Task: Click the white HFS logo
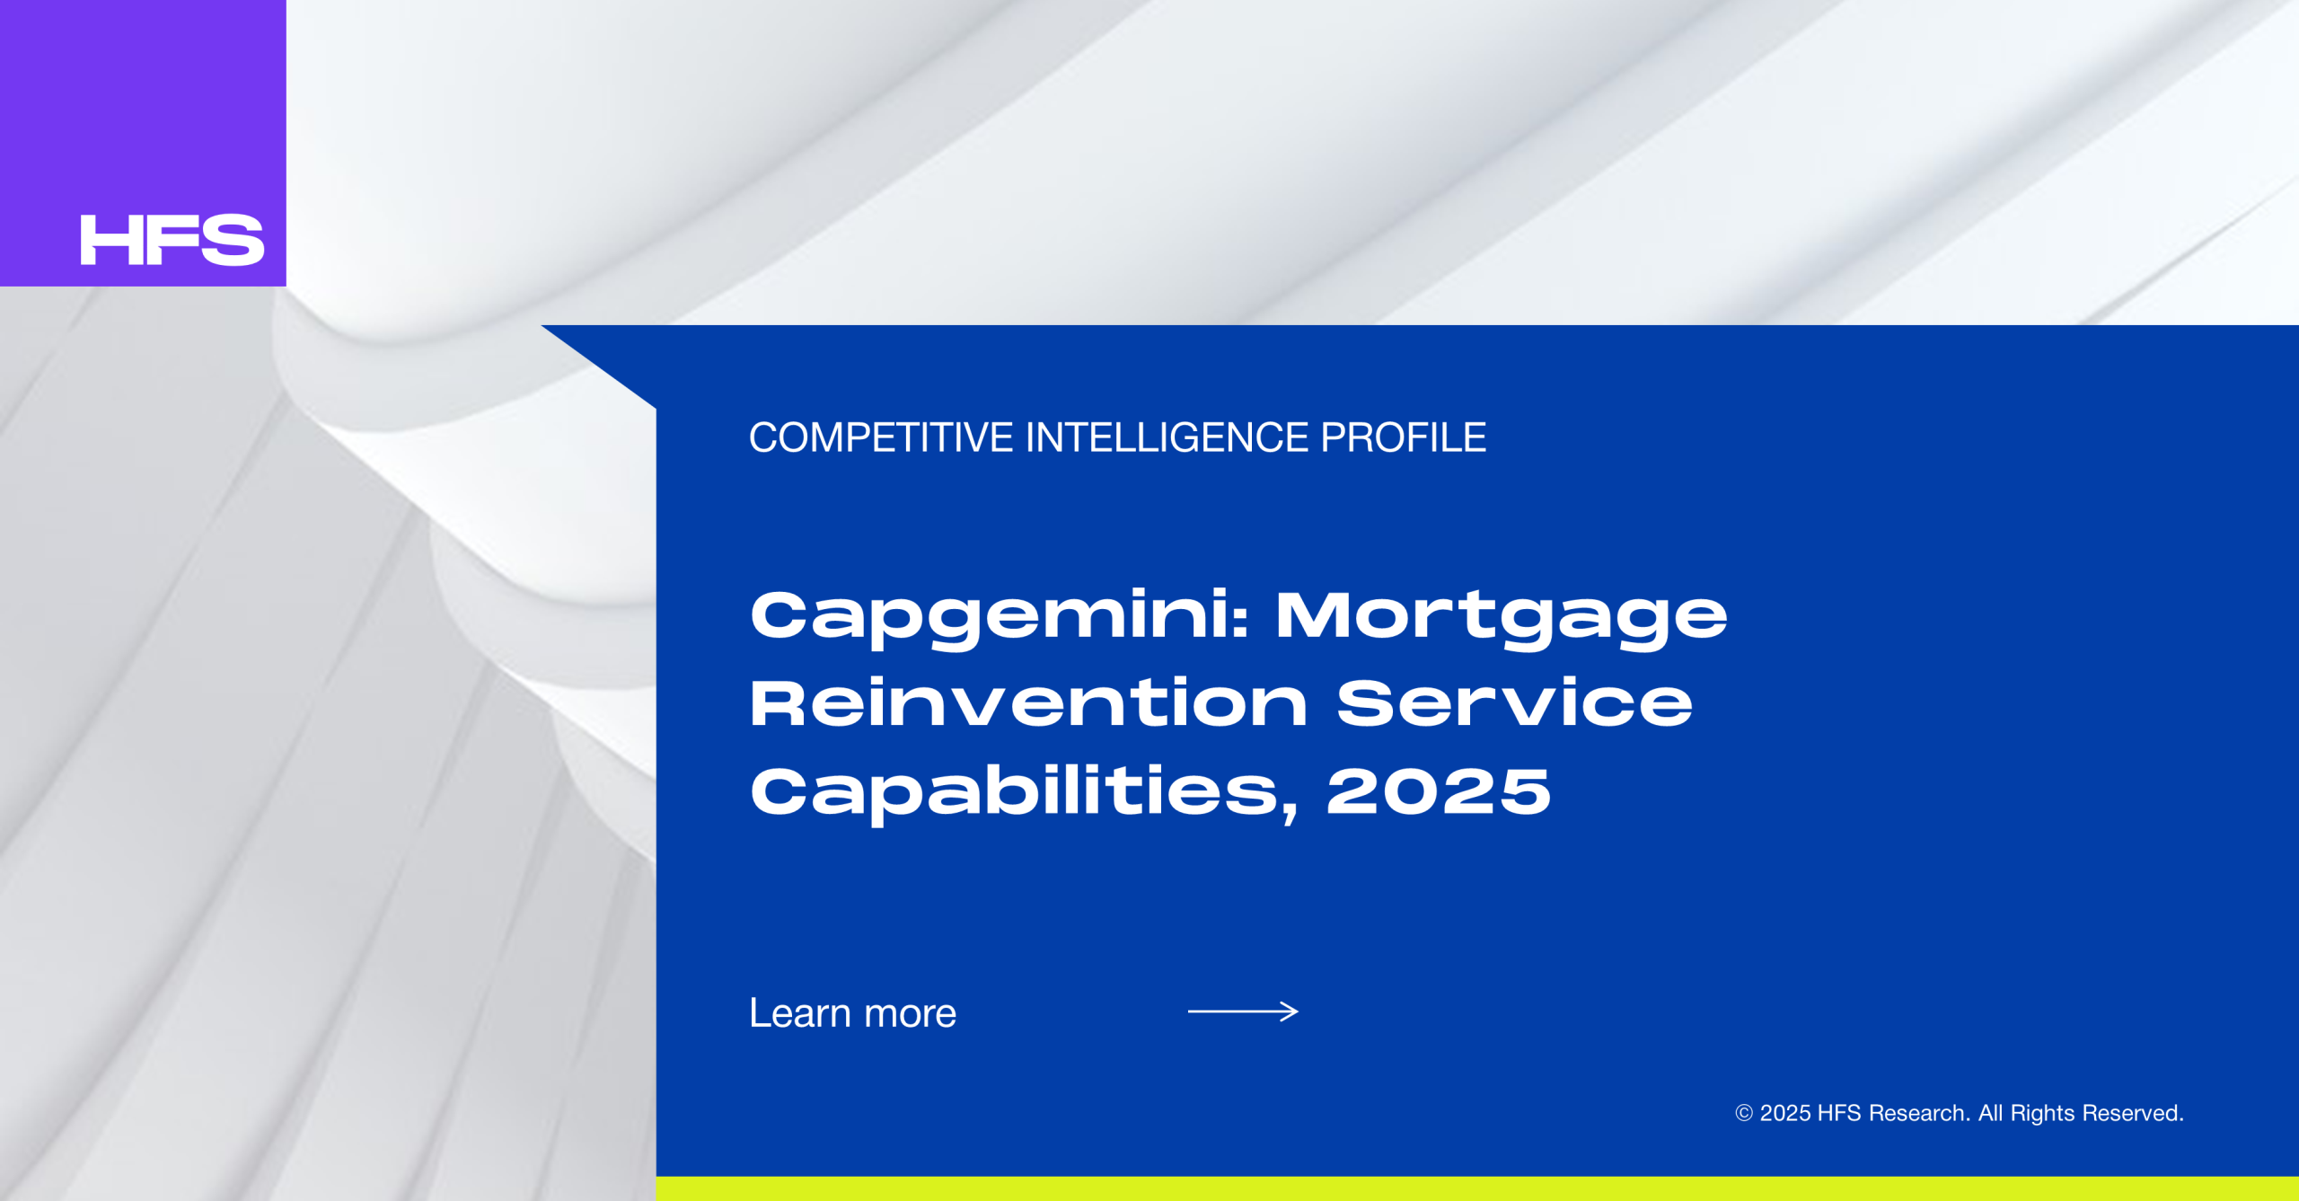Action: [172, 240]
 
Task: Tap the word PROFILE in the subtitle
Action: [1403, 438]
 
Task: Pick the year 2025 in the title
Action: [1439, 791]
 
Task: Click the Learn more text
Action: [852, 1013]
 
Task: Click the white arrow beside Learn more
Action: [1243, 1012]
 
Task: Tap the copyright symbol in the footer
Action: [1744, 1114]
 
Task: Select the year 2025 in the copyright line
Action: [1784, 1114]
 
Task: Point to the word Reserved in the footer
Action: [2132, 1114]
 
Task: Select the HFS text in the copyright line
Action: [1839, 1114]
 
